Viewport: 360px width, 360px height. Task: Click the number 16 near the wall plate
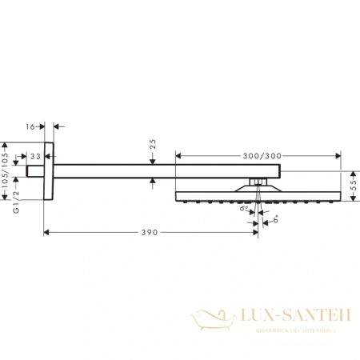coord(30,126)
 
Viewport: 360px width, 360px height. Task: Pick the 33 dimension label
coord(35,157)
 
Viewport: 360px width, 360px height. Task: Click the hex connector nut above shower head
coord(257,183)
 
